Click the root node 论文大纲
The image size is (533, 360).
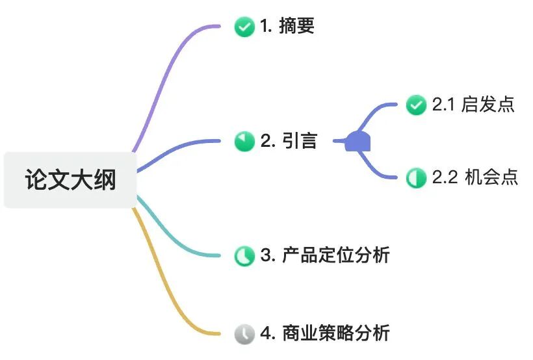coord(70,180)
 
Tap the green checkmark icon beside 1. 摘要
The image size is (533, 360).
coord(244,27)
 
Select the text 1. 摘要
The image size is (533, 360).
coord(287,26)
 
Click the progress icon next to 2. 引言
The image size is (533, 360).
coord(244,141)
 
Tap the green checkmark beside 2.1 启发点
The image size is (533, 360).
coord(416,105)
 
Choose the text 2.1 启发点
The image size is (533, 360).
coord(473,105)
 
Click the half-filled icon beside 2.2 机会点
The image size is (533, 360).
coord(416,177)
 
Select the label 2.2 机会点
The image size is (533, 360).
coord(474,177)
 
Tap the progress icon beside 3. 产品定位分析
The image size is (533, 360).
coord(244,255)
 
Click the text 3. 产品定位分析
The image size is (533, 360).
coord(325,255)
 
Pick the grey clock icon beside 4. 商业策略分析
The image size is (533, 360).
coord(244,334)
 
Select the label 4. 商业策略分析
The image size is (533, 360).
coord(325,334)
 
